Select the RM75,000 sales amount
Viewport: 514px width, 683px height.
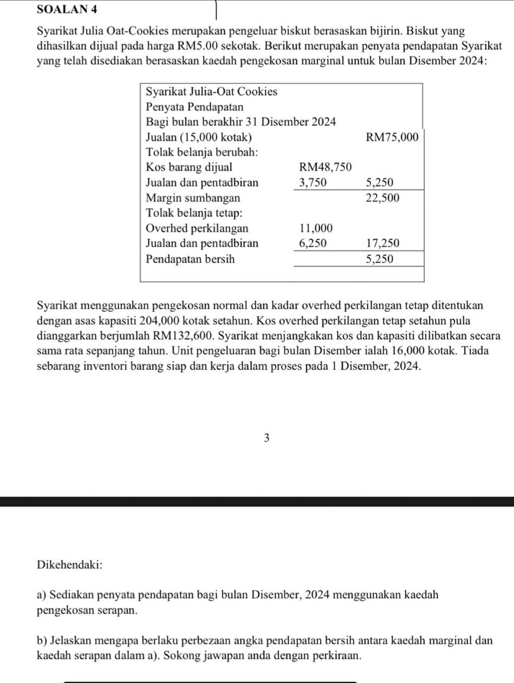click(392, 138)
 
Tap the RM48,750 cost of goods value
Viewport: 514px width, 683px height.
click(325, 167)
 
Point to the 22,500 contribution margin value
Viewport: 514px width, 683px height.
click(382, 198)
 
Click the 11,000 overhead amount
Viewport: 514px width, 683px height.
click(316, 229)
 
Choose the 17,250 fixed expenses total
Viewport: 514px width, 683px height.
click(382, 243)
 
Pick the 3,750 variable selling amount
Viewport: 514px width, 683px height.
click(313, 183)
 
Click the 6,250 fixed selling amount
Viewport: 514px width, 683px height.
click(313, 243)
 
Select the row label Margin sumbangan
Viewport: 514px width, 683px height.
click(193, 198)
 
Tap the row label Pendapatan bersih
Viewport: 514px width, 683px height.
click(190, 259)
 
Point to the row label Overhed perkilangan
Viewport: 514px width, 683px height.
click(197, 229)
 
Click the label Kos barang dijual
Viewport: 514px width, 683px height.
click(189, 167)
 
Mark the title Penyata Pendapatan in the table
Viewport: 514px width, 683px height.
click(195, 107)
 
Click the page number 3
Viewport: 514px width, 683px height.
click(266, 438)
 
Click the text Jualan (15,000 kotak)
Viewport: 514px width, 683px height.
click(199, 138)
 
